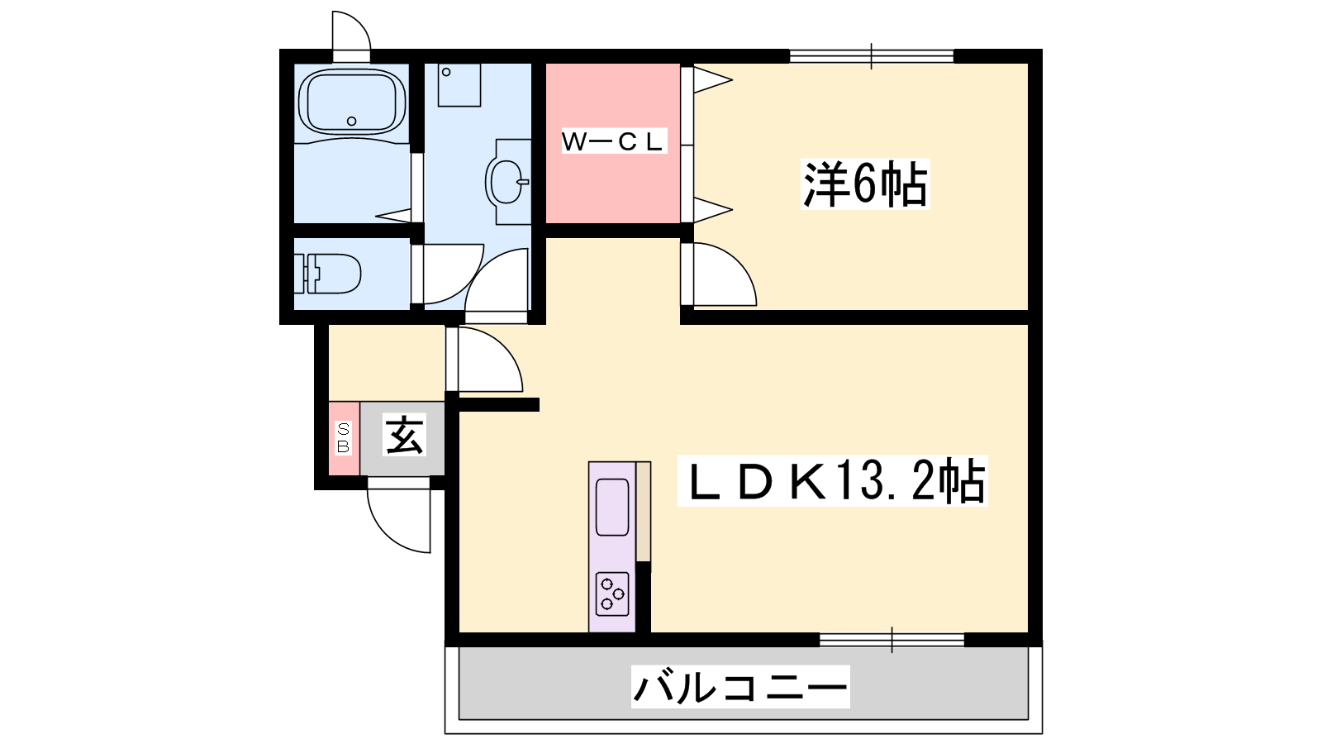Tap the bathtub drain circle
(x=352, y=121)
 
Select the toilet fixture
(x=327, y=274)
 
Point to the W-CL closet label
(x=612, y=141)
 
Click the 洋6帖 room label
(x=864, y=184)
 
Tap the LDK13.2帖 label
(x=833, y=480)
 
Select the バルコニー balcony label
(x=740, y=687)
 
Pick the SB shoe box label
(x=343, y=438)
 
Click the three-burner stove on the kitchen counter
(x=612, y=594)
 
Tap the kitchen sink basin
(x=612, y=507)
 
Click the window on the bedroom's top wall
(x=872, y=57)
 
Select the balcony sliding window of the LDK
(x=892, y=640)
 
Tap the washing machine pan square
(x=459, y=85)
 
